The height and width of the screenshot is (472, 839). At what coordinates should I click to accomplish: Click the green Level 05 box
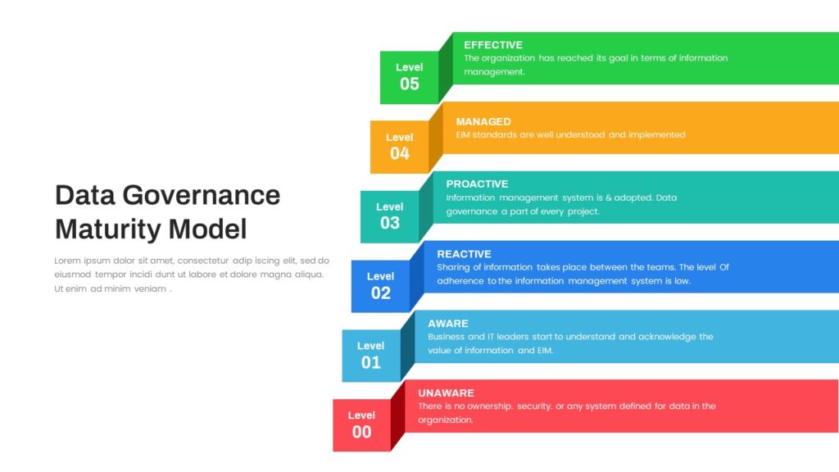point(410,78)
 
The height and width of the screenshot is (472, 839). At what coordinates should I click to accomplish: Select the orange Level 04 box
point(400,147)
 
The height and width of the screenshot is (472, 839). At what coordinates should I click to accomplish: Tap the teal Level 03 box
point(389,216)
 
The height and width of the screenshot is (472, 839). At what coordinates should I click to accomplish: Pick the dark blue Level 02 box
point(380,286)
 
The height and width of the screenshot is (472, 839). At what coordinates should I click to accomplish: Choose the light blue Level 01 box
point(371,356)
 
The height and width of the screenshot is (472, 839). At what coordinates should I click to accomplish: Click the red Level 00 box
point(361,425)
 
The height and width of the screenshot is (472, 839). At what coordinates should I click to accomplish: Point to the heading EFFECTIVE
point(493,45)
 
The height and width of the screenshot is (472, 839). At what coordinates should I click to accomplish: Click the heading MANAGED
point(483,121)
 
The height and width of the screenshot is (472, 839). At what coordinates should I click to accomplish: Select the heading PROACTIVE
point(478,184)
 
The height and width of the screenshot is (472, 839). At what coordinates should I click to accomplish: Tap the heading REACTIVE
point(464,254)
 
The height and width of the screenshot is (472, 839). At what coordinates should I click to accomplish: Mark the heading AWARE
point(448,324)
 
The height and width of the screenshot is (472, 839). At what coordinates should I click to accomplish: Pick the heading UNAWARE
point(447,393)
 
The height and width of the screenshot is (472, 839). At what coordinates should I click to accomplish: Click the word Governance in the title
point(202,195)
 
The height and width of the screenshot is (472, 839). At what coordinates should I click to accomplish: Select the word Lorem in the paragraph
point(67,261)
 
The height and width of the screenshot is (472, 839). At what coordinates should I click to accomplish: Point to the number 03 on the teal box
point(389,223)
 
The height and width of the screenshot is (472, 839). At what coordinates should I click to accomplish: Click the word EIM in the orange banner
point(462,135)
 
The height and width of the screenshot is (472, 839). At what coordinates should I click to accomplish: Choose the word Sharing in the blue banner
point(452,268)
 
